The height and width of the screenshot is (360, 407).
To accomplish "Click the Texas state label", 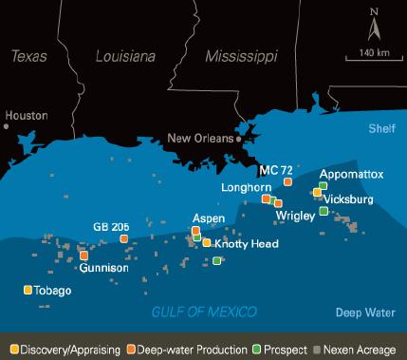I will point(28,58).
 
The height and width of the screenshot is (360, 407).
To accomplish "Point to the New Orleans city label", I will point(201,138).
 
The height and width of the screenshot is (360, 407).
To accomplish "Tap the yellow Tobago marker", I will point(28,290).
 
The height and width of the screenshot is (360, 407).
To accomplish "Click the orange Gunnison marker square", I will point(84,255).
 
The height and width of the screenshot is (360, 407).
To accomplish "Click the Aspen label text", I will point(208,218).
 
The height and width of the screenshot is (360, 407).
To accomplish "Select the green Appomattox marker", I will point(324,185).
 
